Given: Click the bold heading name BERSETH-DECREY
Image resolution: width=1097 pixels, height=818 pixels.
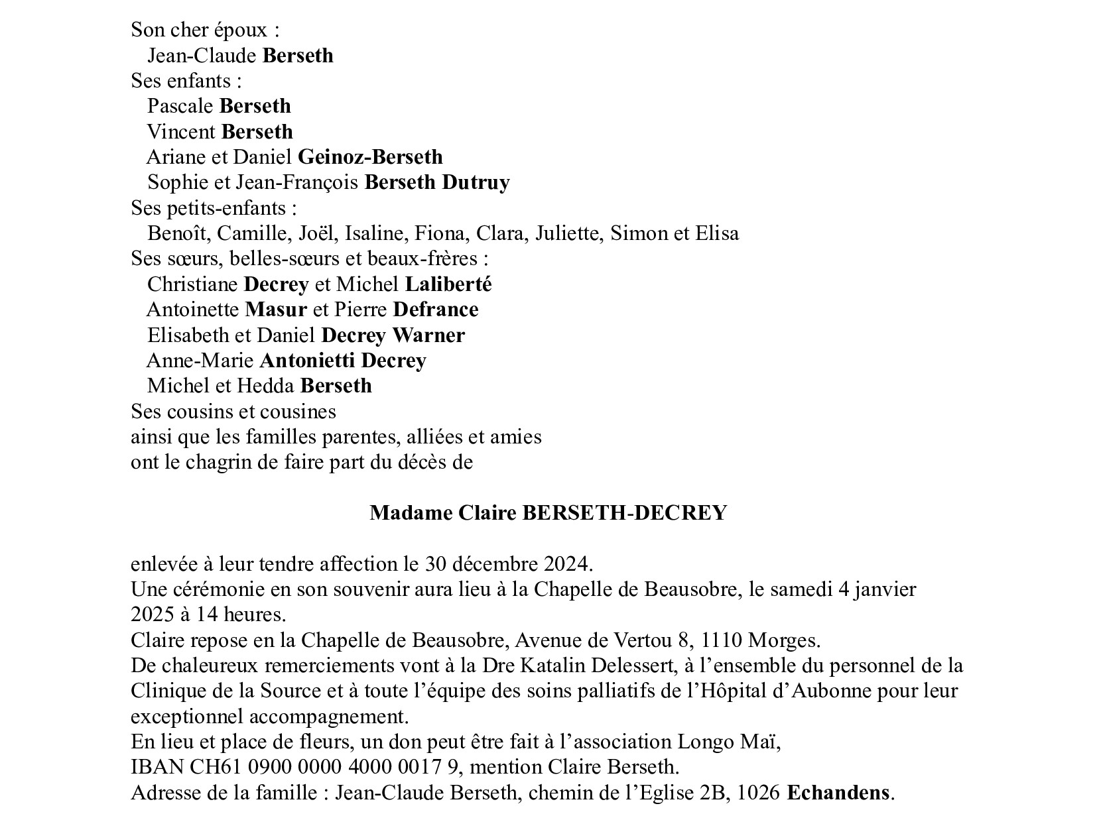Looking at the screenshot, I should click(x=625, y=513).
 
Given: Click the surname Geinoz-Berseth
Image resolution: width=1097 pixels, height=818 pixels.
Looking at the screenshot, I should click(x=370, y=157).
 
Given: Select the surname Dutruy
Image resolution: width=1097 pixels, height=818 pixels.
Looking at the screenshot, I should click(x=476, y=182).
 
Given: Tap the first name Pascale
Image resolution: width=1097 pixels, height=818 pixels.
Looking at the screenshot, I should click(x=180, y=106).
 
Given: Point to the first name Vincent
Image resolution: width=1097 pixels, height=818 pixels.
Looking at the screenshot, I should click(x=181, y=132).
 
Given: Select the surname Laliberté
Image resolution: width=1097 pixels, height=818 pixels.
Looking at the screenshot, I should click(x=448, y=284).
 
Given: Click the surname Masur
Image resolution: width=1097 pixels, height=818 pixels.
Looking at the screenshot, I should click(x=276, y=310).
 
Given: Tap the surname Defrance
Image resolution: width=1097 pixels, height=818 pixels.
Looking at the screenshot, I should click(x=436, y=310).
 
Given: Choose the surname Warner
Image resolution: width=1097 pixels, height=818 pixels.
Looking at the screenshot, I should click(x=428, y=335).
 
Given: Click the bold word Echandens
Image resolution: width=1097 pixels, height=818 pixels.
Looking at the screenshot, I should click(x=838, y=793).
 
